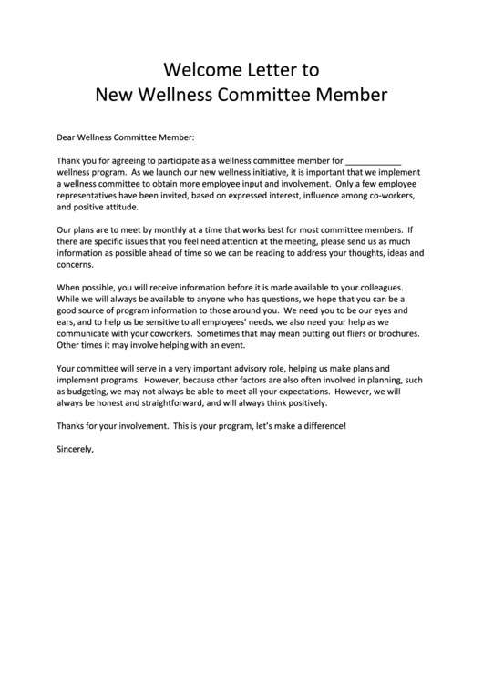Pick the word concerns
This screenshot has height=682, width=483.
pyautogui.click(x=75, y=265)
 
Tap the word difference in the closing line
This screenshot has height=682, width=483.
pyautogui.click(x=322, y=426)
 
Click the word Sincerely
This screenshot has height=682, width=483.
pyautogui.click(x=76, y=449)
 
